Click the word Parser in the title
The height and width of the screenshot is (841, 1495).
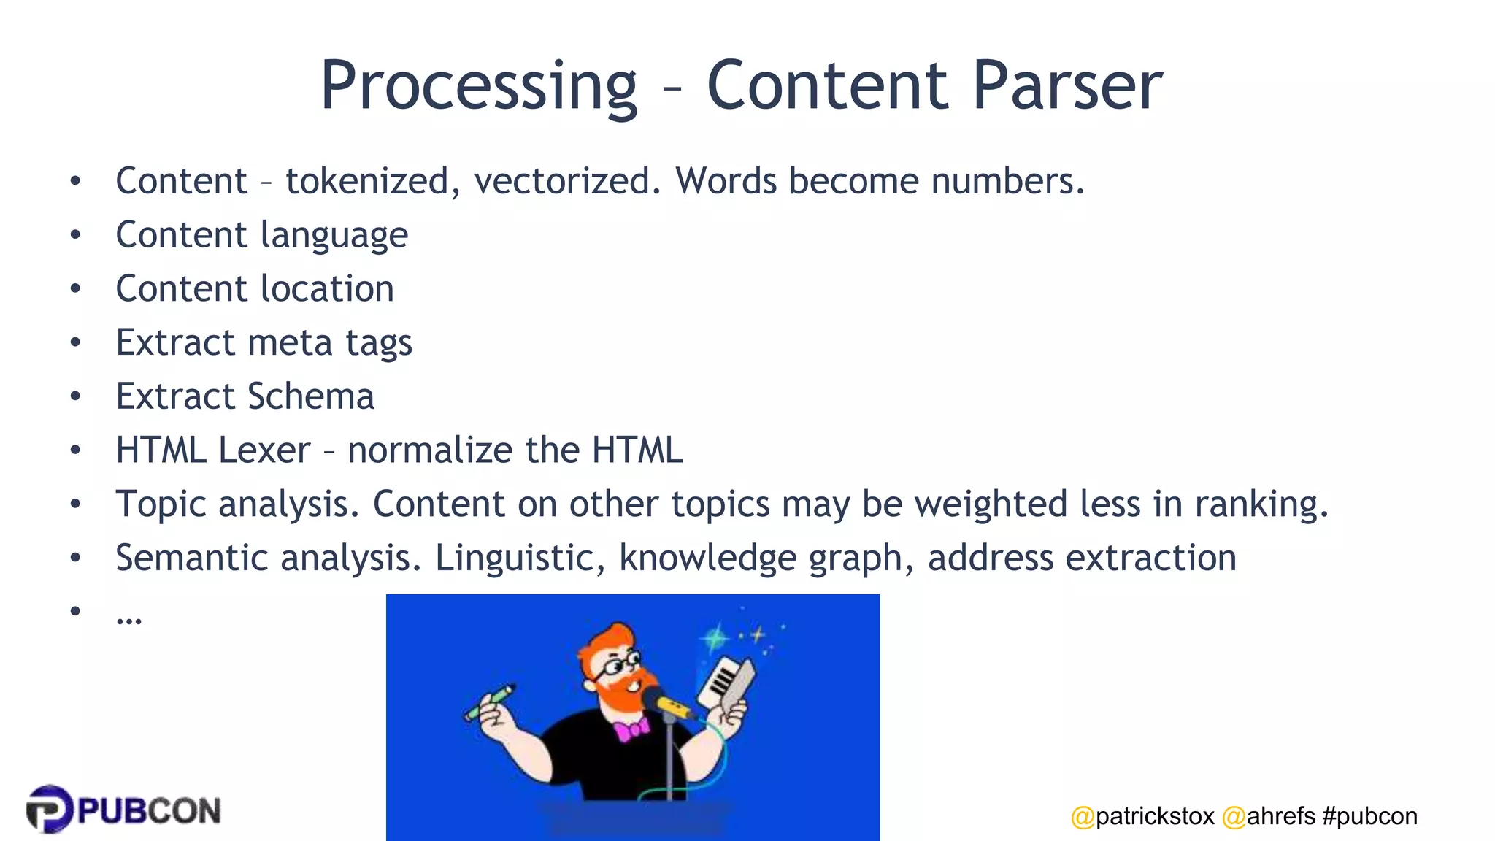[x=1067, y=86]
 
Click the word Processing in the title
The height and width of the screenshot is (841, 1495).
[x=479, y=86]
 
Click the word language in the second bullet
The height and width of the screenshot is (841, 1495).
[x=334, y=236]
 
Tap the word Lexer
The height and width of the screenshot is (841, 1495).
[x=264, y=450]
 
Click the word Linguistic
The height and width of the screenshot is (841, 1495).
[x=519, y=558]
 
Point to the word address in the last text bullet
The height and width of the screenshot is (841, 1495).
[x=991, y=558]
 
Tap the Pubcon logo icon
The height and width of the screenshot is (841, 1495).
[x=50, y=809]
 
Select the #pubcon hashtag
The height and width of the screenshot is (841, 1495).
[x=1369, y=816]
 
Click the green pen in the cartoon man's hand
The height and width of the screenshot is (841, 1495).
[x=490, y=702]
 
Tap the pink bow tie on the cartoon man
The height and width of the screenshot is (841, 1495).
[x=631, y=729]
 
